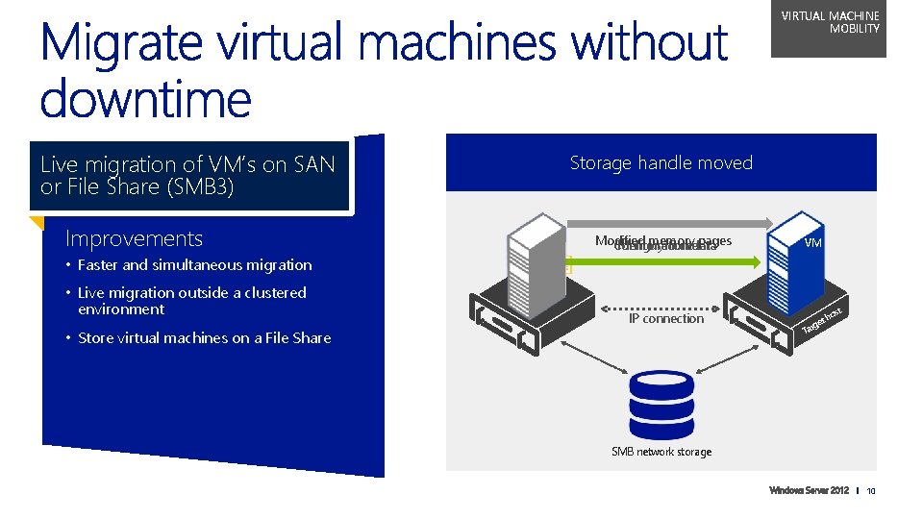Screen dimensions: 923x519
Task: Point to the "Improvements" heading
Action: coord(134,238)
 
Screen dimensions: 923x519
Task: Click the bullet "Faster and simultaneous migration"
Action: coord(194,265)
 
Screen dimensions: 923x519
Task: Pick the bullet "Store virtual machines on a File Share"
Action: coord(204,338)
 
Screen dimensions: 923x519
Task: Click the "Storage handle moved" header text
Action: coord(661,163)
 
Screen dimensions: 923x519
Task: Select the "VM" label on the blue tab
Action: coord(812,243)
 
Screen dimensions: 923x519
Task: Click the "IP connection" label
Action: coord(665,319)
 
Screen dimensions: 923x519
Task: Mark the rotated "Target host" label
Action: coord(822,323)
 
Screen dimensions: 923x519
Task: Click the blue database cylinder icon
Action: coord(661,404)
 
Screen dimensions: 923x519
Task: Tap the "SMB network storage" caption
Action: coord(661,452)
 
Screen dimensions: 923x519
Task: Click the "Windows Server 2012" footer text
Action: coord(809,491)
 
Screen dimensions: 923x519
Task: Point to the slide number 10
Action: coord(871,492)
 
